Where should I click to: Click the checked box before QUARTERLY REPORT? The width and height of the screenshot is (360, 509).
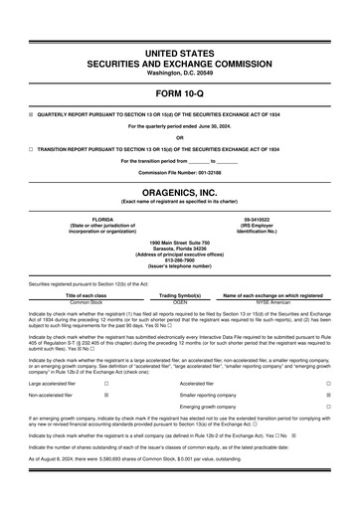pyautogui.click(x=31, y=112)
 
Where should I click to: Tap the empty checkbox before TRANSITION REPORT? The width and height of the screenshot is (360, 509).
pyautogui.click(x=31, y=147)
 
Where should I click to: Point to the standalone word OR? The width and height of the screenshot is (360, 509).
pyautogui.click(x=179, y=136)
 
